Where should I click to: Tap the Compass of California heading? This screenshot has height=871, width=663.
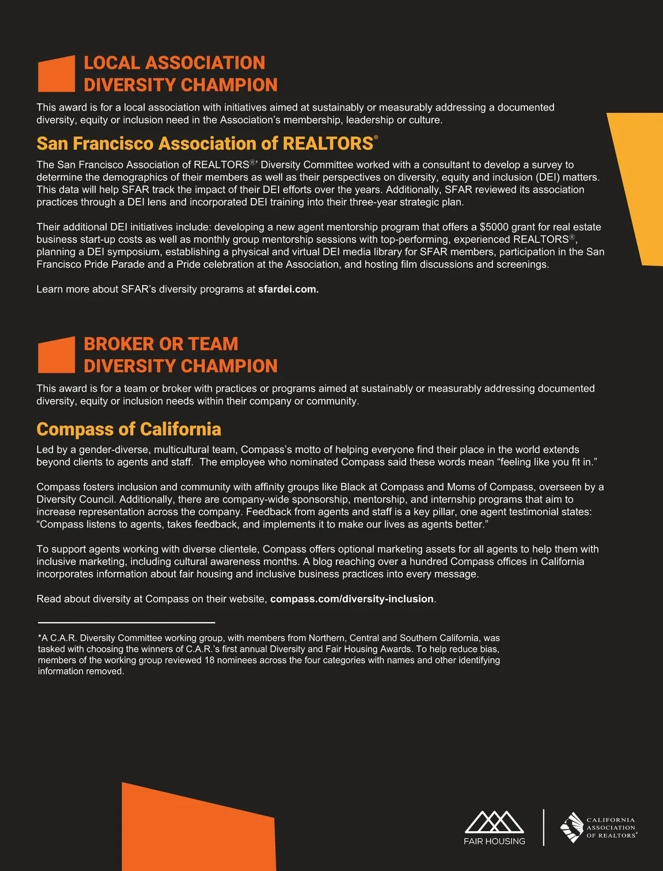pyautogui.click(x=129, y=429)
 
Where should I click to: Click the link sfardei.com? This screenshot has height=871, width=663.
pyautogui.click(x=288, y=289)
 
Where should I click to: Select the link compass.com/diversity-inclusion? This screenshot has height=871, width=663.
pyautogui.click(x=352, y=599)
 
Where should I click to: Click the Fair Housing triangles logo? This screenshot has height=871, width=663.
pyautogui.click(x=494, y=822)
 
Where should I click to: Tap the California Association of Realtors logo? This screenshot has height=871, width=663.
pyautogui.click(x=599, y=827)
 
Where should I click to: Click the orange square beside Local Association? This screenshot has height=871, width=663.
pyautogui.click(x=56, y=74)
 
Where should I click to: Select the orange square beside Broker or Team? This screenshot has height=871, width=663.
pyautogui.click(x=56, y=355)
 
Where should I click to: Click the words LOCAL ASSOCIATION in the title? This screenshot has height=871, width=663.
pyautogui.click(x=174, y=63)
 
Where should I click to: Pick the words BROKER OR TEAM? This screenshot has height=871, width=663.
pyautogui.click(x=161, y=344)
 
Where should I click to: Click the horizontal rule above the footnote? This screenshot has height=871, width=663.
pyautogui.click(x=126, y=623)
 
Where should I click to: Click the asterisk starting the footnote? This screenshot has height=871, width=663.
pyautogui.click(x=40, y=638)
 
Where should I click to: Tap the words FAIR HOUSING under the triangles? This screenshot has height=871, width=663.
pyautogui.click(x=494, y=841)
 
